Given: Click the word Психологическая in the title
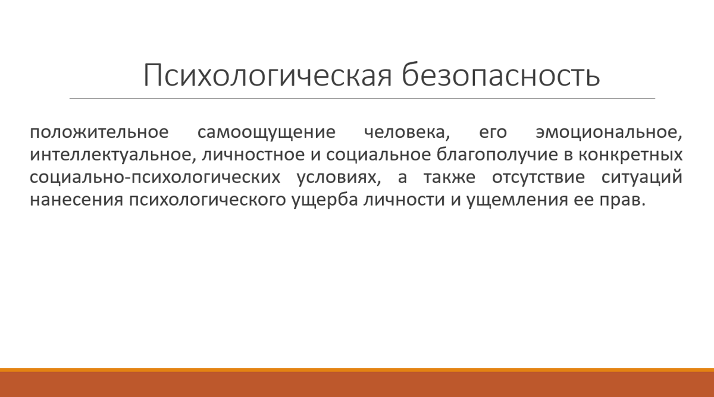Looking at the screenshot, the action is coord(268,75).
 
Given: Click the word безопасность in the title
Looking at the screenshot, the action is coord(501,74).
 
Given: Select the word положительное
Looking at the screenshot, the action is coord(99,132).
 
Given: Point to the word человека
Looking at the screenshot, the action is coord(407,133).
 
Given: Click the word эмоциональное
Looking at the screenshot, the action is coord(609,133).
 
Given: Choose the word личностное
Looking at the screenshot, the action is coord(253,155).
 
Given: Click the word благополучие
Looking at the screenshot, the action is coord(497,155).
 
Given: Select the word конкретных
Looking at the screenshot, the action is coord(631,155).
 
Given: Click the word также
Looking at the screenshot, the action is coord(449,177).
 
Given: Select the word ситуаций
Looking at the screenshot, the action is coord(642,177).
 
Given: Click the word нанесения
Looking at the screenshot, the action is coord(77,200).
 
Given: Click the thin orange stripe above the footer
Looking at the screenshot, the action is coord(357,370).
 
